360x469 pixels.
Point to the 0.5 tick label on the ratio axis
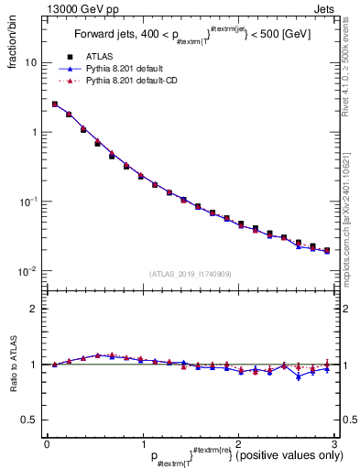[x=30, y=420]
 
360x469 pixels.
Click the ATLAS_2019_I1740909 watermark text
[x=191, y=273]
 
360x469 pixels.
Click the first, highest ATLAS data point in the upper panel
[x=55, y=104]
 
